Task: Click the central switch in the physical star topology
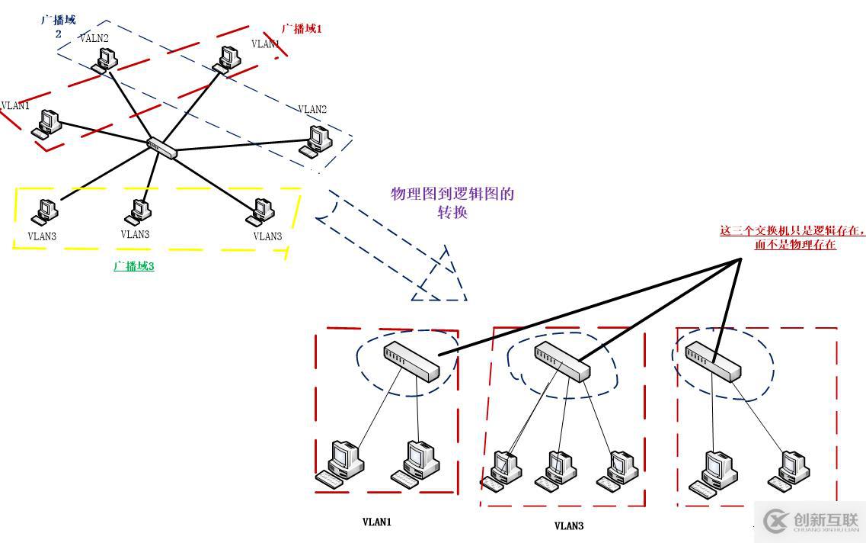click(x=162, y=147)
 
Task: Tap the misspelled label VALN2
click(x=94, y=38)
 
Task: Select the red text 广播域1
click(x=302, y=28)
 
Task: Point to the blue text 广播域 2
click(x=58, y=26)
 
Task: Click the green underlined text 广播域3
click(x=134, y=266)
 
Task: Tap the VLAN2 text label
click(x=312, y=110)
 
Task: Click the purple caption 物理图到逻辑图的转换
click(x=452, y=203)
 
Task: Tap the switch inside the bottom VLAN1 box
click(x=412, y=361)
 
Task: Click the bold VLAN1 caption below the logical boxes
click(x=376, y=522)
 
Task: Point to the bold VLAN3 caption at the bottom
click(x=569, y=525)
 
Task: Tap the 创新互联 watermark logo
click(x=810, y=521)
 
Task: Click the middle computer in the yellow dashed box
click(x=139, y=210)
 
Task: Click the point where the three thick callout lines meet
click(x=740, y=260)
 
